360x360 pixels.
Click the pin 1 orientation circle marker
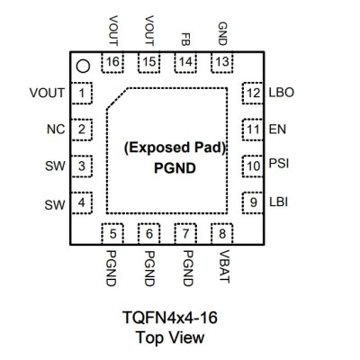83,67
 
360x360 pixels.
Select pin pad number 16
112,62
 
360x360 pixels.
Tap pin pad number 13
222,62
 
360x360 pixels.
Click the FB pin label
185,39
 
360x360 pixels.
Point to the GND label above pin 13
222,33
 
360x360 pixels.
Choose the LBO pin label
282,93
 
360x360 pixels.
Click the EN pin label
277,130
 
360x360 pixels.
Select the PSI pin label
279,164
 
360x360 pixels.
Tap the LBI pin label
279,202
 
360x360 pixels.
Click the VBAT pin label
224,266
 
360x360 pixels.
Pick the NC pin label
56,130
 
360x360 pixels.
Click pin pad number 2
81,130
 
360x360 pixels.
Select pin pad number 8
222,234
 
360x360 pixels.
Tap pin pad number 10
253,166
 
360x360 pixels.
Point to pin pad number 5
112,234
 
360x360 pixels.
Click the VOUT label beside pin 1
47,93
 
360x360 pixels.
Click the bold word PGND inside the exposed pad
175,168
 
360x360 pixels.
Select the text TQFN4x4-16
170,318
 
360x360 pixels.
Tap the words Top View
170,337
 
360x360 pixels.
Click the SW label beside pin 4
55,205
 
